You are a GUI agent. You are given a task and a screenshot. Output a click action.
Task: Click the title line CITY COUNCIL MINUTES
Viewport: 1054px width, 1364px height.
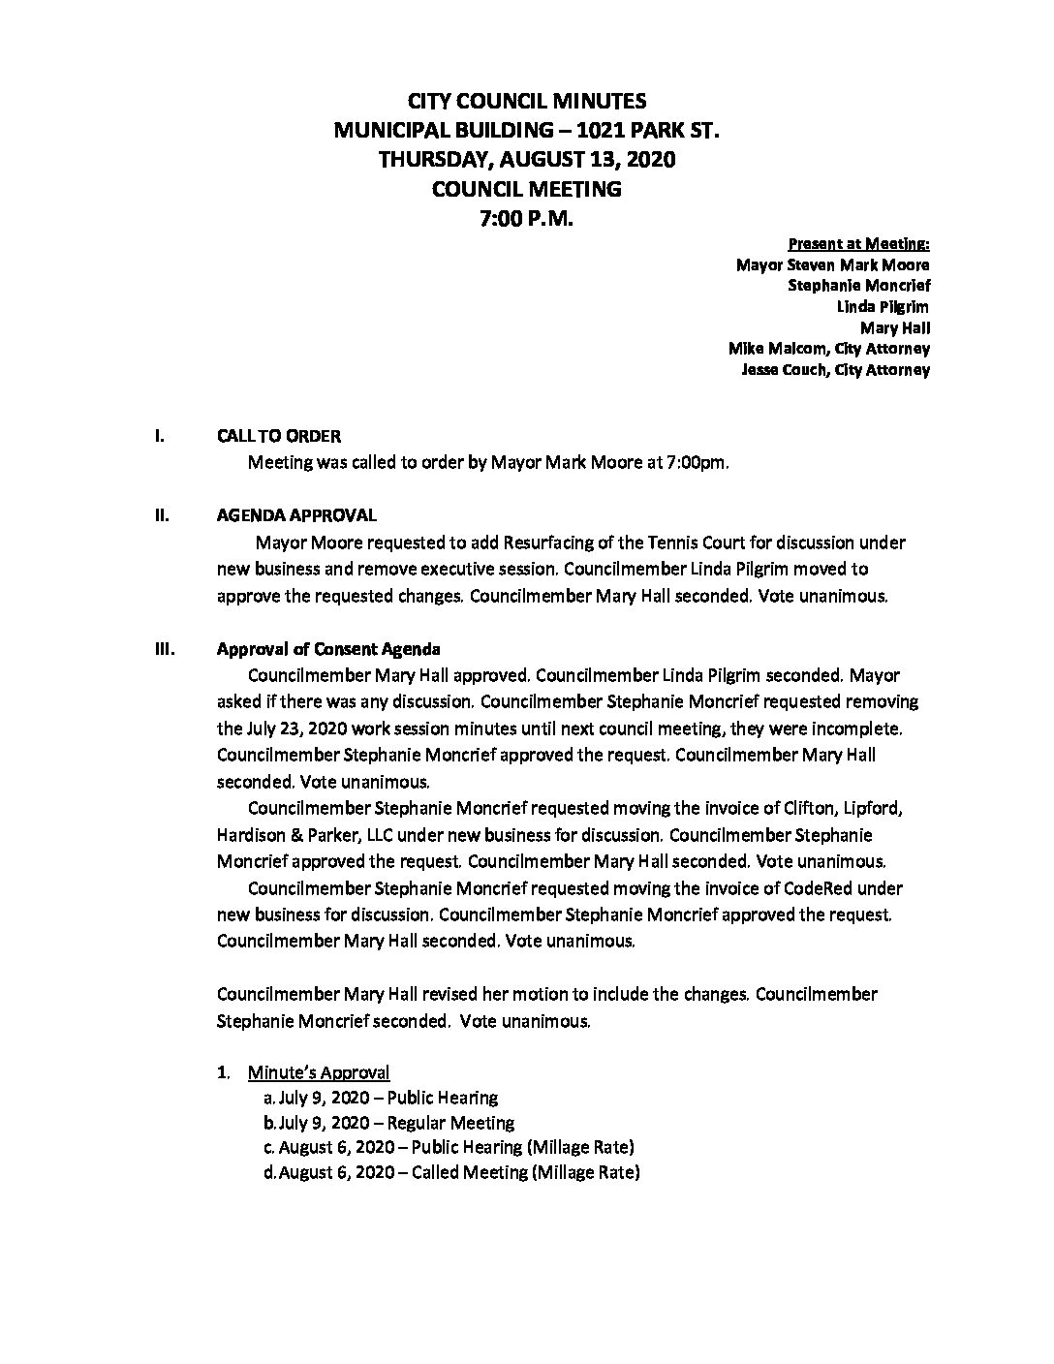(x=527, y=101)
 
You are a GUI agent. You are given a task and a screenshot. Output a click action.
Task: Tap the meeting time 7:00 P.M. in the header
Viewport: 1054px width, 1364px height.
(x=527, y=220)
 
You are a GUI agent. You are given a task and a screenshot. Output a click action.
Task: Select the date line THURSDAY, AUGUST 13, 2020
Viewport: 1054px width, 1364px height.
(x=527, y=160)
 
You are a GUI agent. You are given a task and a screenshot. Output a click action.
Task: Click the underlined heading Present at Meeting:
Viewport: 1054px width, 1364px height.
(x=859, y=243)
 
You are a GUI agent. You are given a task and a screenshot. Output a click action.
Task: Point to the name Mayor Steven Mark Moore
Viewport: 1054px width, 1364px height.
(x=833, y=264)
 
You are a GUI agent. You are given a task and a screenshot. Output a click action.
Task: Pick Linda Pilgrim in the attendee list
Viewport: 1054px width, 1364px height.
(x=883, y=307)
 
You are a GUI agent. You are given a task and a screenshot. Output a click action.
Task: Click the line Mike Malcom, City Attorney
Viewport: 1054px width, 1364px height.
(x=829, y=349)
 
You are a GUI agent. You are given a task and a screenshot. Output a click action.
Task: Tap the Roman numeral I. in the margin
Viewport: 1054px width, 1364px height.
(x=159, y=437)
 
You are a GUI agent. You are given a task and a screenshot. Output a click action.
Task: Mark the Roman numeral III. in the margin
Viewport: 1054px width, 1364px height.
(x=164, y=649)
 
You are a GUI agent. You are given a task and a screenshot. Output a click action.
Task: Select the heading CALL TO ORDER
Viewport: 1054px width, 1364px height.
(x=279, y=437)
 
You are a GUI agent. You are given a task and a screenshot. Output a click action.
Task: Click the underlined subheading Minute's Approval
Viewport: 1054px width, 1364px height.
(x=319, y=1072)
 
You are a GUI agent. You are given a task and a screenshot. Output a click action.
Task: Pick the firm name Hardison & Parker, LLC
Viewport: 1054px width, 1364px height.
(x=314, y=834)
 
